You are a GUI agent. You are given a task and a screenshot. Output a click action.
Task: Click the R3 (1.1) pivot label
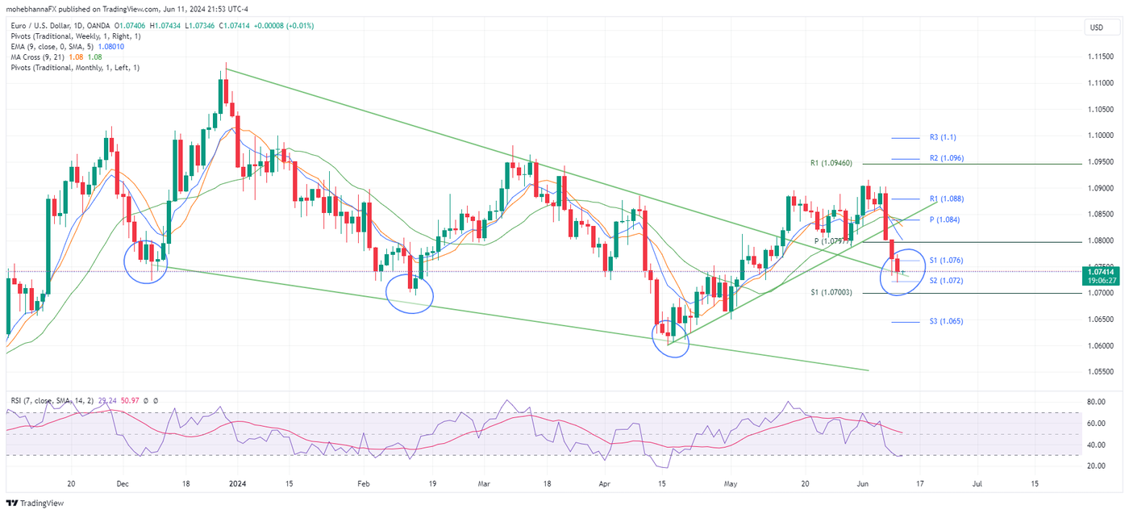(942, 138)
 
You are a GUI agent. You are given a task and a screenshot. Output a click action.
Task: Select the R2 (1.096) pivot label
(946, 158)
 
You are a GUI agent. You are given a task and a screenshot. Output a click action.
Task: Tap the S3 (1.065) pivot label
(946, 321)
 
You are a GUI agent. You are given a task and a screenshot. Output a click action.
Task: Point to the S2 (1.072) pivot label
(946, 281)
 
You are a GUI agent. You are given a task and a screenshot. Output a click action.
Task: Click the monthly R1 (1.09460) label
(831, 164)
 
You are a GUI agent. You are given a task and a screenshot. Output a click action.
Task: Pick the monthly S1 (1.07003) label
(831, 293)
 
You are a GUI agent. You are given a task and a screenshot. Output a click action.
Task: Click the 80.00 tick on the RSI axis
(1095, 402)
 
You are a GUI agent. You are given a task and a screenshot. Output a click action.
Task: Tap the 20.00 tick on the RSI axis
(1095, 466)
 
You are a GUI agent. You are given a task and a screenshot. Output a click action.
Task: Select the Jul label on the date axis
(977, 484)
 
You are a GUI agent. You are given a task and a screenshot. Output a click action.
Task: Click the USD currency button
(1096, 27)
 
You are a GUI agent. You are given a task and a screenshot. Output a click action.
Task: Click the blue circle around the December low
(145, 261)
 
